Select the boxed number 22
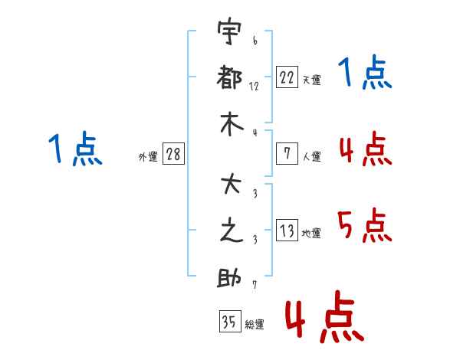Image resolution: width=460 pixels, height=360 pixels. pos(287,77)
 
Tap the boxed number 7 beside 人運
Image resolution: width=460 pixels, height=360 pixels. pos(287,154)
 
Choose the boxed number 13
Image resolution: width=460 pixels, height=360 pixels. pos(287,231)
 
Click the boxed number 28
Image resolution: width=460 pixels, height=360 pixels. pos(173,154)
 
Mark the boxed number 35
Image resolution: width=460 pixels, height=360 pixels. pos(228,322)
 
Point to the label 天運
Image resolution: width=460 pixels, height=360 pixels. pos(311,80)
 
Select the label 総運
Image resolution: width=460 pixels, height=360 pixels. pos(255,325)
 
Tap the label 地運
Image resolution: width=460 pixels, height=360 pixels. pos(311,234)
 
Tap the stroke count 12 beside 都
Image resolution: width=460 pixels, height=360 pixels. pos(255,86)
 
